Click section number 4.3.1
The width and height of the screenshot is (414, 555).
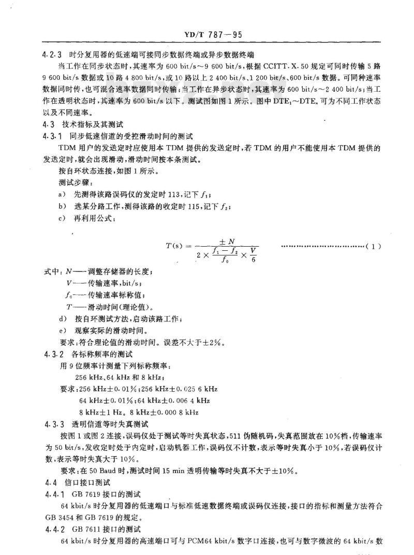(52, 136)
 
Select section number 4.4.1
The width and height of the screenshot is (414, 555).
(52, 493)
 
